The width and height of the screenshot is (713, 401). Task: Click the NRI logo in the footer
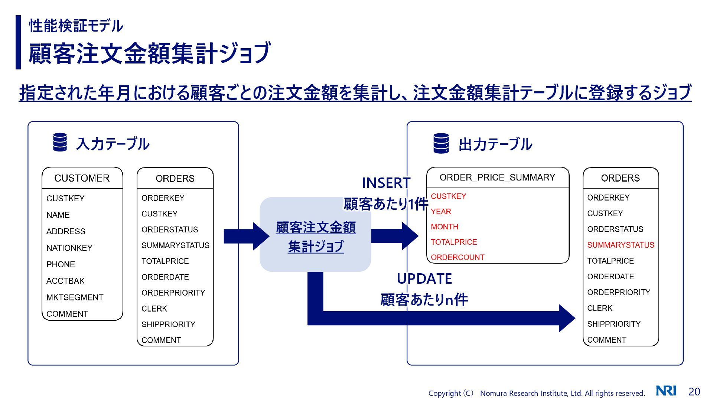pyautogui.click(x=666, y=391)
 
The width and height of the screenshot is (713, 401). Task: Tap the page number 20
pyautogui.click(x=694, y=391)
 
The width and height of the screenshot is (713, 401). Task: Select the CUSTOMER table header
pyautogui.click(x=82, y=178)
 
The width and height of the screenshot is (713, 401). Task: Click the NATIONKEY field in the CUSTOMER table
pyautogui.click(x=69, y=248)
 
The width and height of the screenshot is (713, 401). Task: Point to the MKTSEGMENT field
pyautogui.click(x=75, y=297)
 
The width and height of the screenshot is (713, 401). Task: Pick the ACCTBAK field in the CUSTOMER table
pyautogui.click(x=65, y=281)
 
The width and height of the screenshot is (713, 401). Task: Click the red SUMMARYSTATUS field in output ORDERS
pyautogui.click(x=621, y=245)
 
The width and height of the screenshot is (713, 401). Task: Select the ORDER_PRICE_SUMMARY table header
pyautogui.click(x=497, y=177)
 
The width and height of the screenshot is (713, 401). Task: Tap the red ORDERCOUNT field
pyautogui.click(x=458, y=257)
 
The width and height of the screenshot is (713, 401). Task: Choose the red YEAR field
pyautogui.click(x=441, y=212)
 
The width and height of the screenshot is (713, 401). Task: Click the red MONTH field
pyautogui.click(x=445, y=227)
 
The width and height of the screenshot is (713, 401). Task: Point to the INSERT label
pyautogui.click(x=386, y=183)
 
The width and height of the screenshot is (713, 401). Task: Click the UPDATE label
pyautogui.click(x=424, y=279)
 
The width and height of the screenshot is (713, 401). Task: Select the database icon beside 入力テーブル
pyautogui.click(x=60, y=142)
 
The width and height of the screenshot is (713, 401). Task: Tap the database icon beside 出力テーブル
pyautogui.click(x=441, y=143)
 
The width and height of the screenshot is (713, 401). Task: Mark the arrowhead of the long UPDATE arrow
pyautogui.click(x=567, y=318)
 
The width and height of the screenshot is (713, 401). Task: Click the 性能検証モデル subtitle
pyautogui.click(x=76, y=26)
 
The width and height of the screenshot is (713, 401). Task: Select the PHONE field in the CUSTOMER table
pyautogui.click(x=61, y=265)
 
